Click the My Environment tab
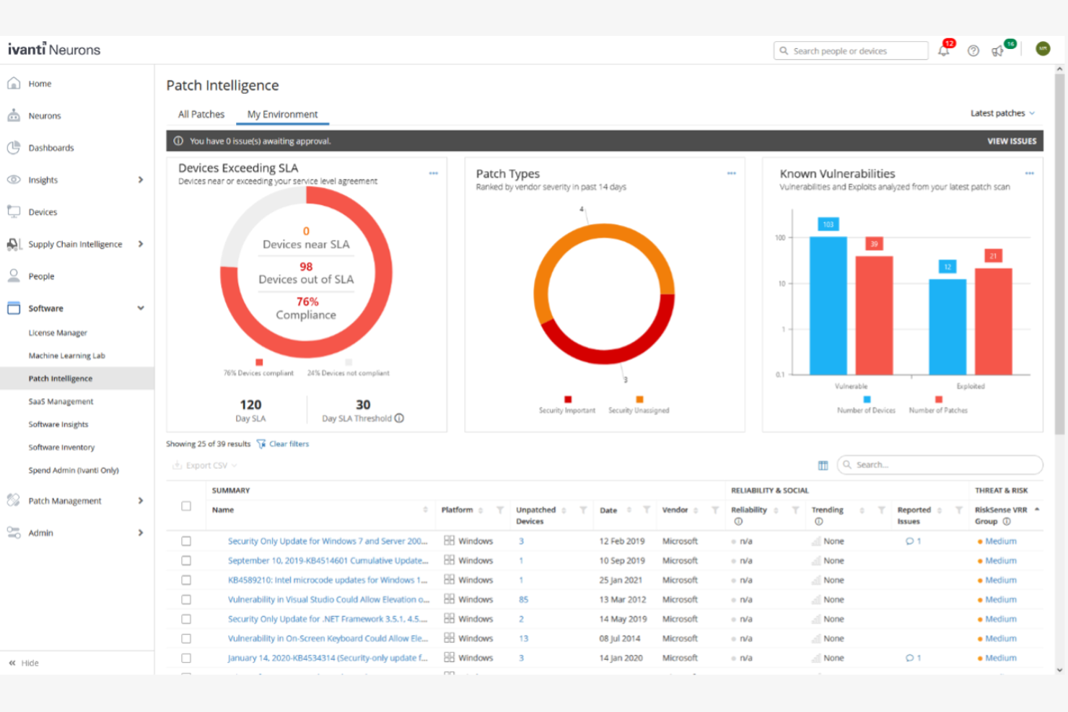(x=282, y=114)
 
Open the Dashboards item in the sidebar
(x=51, y=148)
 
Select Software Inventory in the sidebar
(x=61, y=447)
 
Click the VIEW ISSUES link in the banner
(x=1011, y=141)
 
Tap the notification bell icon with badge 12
(x=943, y=50)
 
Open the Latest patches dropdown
(x=1002, y=113)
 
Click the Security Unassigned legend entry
(x=639, y=410)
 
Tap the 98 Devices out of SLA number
(x=306, y=267)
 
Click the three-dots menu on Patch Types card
(x=731, y=173)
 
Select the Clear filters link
(x=288, y=444)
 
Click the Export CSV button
(x=205, y=466)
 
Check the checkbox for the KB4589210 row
(x=186, y=580)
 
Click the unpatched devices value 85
(x=523, y=599)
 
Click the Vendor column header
(x=675, y=510)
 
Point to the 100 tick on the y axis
(x=780, y=237)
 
